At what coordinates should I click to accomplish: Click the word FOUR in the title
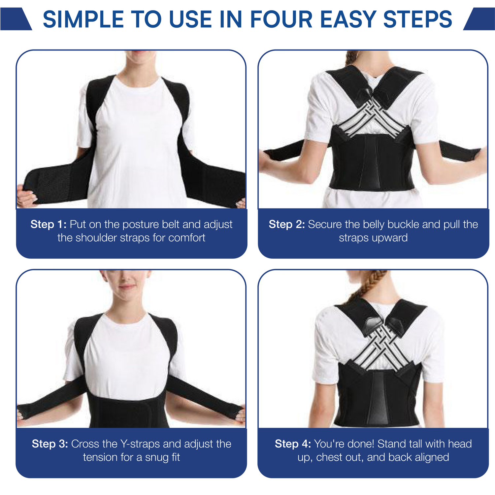tap(281, 19)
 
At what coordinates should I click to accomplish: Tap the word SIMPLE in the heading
tap(83, 19)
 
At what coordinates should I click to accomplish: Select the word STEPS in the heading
tap(418, 19)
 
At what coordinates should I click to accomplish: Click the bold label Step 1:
tap(49, 224)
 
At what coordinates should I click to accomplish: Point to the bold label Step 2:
tap(287, 224)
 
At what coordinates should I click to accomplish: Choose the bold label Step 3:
tap(50, 444)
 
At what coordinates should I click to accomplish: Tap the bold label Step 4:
tap(293, 444)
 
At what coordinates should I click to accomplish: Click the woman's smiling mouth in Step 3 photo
tap(127, 287)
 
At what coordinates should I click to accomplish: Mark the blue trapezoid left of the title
tap(16, 19)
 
